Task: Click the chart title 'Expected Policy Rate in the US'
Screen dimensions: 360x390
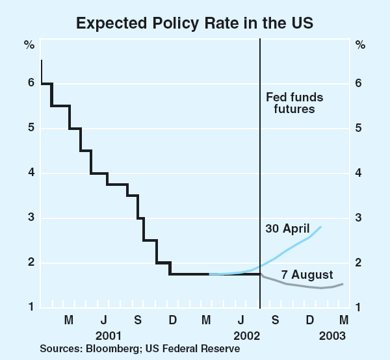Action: tap(195, 22)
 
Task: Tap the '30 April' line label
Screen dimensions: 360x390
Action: tap(287, 229)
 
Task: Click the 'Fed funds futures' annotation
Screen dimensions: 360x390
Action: tap(294, 103)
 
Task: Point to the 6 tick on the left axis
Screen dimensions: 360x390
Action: tap(30, 83)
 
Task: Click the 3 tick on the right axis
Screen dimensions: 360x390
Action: tap(360, 218)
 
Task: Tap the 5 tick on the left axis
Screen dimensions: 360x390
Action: tap(30, 128)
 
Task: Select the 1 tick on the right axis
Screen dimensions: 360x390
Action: tap(360, 307)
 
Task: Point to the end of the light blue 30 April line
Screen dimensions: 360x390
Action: tap(320, 226)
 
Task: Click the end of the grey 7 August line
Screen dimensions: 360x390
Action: tap(343, 284)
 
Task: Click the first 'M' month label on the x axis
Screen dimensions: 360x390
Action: tap(69, 320)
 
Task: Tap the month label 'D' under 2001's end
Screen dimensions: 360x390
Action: tap(172, 320)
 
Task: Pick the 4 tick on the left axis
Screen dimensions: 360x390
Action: tap(30, 173)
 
